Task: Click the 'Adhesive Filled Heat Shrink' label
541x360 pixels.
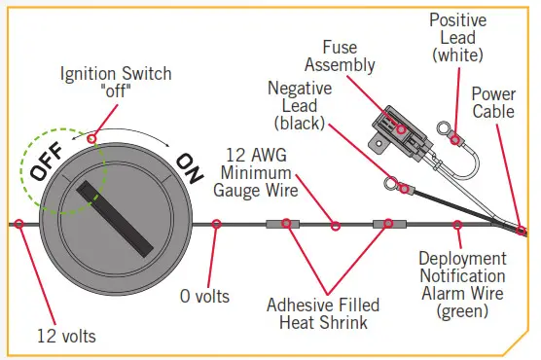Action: (323, 313)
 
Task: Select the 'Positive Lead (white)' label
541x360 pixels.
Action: (459, 37)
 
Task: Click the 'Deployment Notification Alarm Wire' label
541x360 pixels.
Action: (462, 284)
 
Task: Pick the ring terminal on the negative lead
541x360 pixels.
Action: (390, 182)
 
